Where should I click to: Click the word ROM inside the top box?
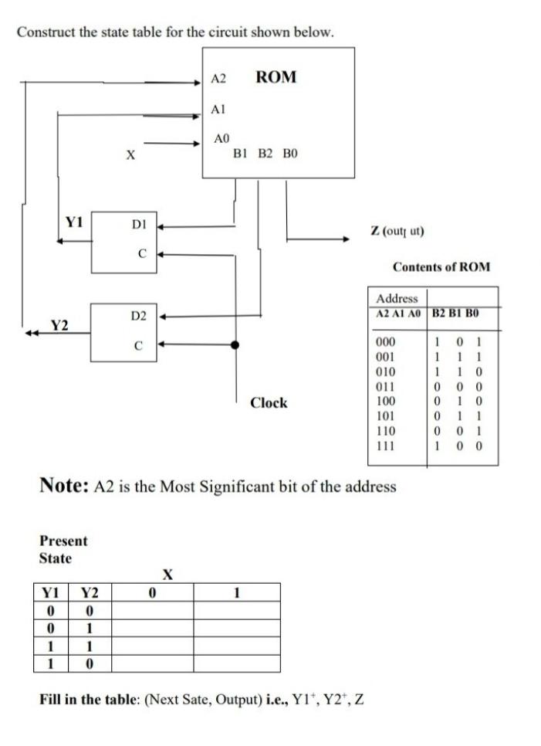click(276, 77)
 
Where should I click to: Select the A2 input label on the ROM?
click(218, 79)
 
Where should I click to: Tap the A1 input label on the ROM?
click(218, 110)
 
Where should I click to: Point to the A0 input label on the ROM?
click(221, 138)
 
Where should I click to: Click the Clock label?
click(269, 402)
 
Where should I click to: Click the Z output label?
click(397, 231)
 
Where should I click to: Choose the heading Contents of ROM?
click(441, 267)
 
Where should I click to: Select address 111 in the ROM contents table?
click(384, 446)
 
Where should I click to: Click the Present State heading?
click(63, 549)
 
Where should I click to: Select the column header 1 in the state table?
click(236, 592)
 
